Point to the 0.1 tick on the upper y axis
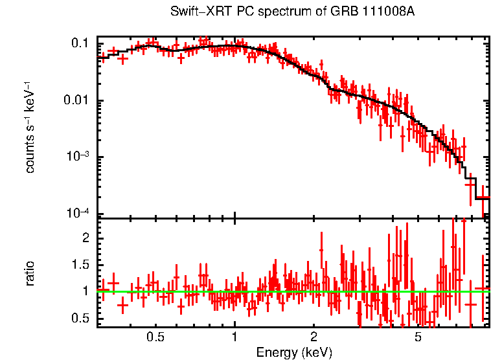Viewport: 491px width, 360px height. [80, 43]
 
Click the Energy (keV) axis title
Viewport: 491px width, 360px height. [294, 352]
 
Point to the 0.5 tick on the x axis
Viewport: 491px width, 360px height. [155, 337]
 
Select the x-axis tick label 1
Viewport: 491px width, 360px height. [234, 337]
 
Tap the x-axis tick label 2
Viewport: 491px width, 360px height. [314, 337]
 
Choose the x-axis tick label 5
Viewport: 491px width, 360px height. [418, 337]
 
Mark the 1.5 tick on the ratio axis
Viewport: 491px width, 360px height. [80, 265]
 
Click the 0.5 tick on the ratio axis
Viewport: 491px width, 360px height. [80, 318]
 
